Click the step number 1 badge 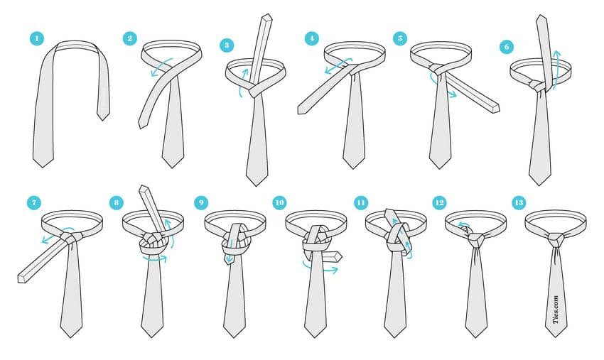tap(36, 38)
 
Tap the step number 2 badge tap(129, 38)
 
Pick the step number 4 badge tap(311, 38)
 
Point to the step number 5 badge tap(399, 38)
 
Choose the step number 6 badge tap(506, 46)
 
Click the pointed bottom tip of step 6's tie tap(539, 181)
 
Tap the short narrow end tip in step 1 tap(104, 116)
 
